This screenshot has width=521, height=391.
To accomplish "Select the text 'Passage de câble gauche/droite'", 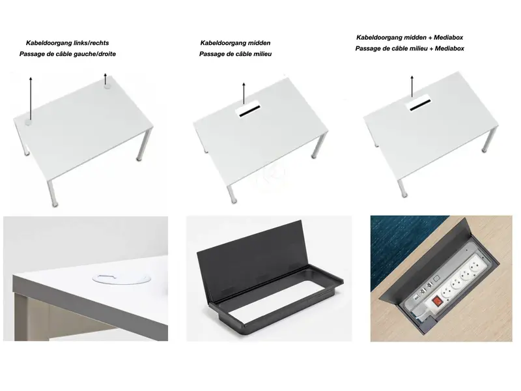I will coord(68,54).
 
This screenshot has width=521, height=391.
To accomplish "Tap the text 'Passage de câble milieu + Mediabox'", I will coord(410,49).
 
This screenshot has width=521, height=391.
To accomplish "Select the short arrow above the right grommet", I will coord(105,79).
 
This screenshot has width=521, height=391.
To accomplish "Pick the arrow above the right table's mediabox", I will coord(412,86).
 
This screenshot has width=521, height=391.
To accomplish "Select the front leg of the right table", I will coord(404,186).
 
